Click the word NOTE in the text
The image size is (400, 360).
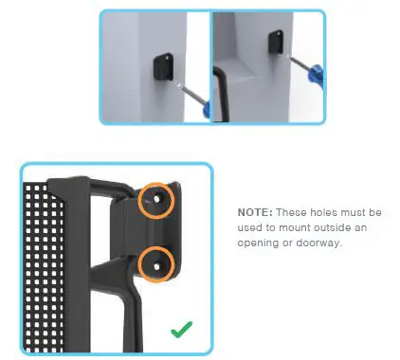tap(255, 211)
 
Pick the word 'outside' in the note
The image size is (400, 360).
tap(325, 226)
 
